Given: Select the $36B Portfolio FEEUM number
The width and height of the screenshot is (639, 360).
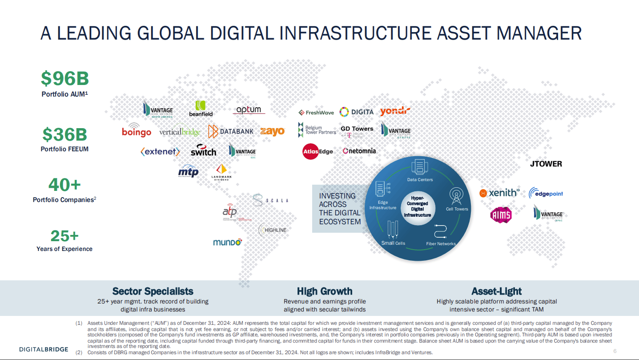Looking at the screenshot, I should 65,134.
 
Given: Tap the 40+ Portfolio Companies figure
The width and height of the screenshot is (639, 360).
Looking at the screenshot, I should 65,184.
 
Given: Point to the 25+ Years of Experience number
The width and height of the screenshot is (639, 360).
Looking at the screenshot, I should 65,236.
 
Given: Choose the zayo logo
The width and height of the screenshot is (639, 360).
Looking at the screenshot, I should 272,131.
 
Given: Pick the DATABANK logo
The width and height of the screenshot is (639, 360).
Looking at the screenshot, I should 231,131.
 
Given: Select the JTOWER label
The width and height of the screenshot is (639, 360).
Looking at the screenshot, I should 546,164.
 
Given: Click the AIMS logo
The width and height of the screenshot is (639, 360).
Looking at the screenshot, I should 501,215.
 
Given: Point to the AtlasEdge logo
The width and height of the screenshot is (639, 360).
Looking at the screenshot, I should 317,151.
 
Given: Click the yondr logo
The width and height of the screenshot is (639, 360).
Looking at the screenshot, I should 395,111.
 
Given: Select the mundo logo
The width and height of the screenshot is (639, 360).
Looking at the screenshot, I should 227,243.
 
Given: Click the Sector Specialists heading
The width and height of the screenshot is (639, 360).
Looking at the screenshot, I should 153,291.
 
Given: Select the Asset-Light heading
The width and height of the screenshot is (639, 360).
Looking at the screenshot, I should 496,291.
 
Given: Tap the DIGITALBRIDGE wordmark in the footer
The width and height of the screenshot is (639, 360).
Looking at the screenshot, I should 44,349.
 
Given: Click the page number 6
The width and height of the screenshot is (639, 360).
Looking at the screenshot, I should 615,351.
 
